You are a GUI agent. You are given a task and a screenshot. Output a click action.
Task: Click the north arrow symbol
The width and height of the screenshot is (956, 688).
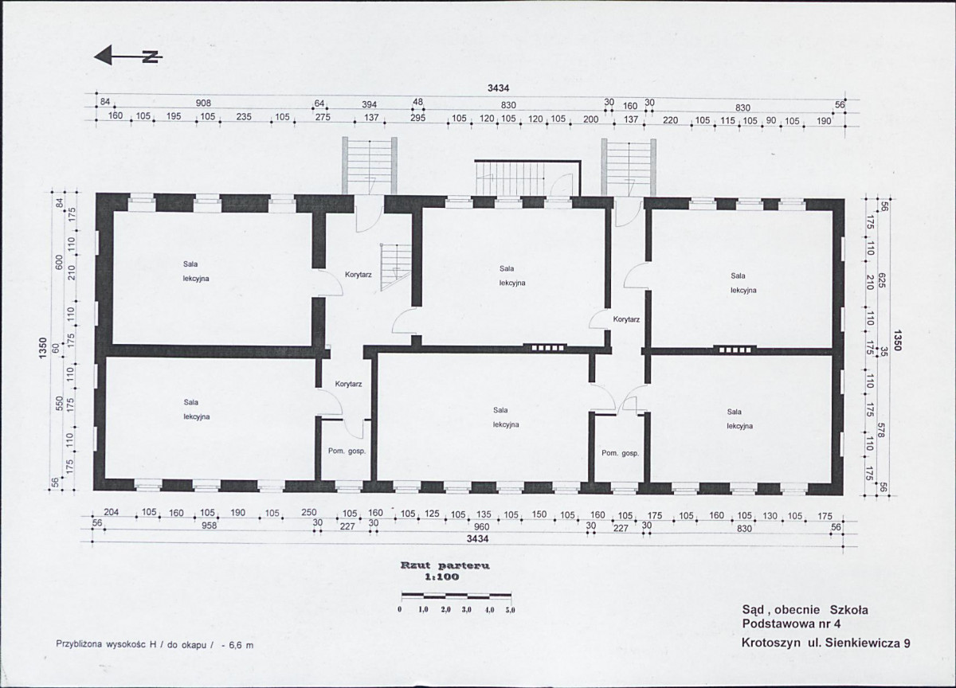[128, 56]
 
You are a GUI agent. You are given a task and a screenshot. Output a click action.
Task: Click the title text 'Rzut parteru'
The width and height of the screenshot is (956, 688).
[445, 566]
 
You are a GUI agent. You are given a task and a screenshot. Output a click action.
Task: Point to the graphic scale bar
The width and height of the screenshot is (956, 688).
[456, 596]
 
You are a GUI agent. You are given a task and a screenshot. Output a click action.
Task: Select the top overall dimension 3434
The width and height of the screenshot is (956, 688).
[499, 88]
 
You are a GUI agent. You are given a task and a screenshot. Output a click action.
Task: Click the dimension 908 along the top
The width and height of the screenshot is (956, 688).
[203, 104]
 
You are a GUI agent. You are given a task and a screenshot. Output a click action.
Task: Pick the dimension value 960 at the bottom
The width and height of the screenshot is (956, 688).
[481, 527]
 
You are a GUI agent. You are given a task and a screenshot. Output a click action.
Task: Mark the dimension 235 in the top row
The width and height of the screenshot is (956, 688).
[244, 116]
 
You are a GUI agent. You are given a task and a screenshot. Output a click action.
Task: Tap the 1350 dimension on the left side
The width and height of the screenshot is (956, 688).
[42, 348]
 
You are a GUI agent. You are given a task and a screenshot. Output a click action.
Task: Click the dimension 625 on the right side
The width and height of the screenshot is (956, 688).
[882, 280]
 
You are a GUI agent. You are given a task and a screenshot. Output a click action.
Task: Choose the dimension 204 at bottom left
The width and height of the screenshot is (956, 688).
[112, 512]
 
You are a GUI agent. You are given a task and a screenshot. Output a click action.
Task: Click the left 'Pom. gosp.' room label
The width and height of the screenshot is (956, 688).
[347, 451]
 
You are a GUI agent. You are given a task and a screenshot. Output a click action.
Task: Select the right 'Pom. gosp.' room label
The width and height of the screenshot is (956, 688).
[620, 453]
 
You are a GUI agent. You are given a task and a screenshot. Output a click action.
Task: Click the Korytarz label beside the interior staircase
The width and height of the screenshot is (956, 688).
[358, 275]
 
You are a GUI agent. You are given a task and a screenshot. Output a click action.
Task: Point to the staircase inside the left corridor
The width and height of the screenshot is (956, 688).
[396, 268]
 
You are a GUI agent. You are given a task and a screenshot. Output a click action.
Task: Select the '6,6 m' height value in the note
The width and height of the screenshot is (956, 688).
[241, 645]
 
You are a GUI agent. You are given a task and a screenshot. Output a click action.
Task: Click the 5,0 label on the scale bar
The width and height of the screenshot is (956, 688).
[511, 611]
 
